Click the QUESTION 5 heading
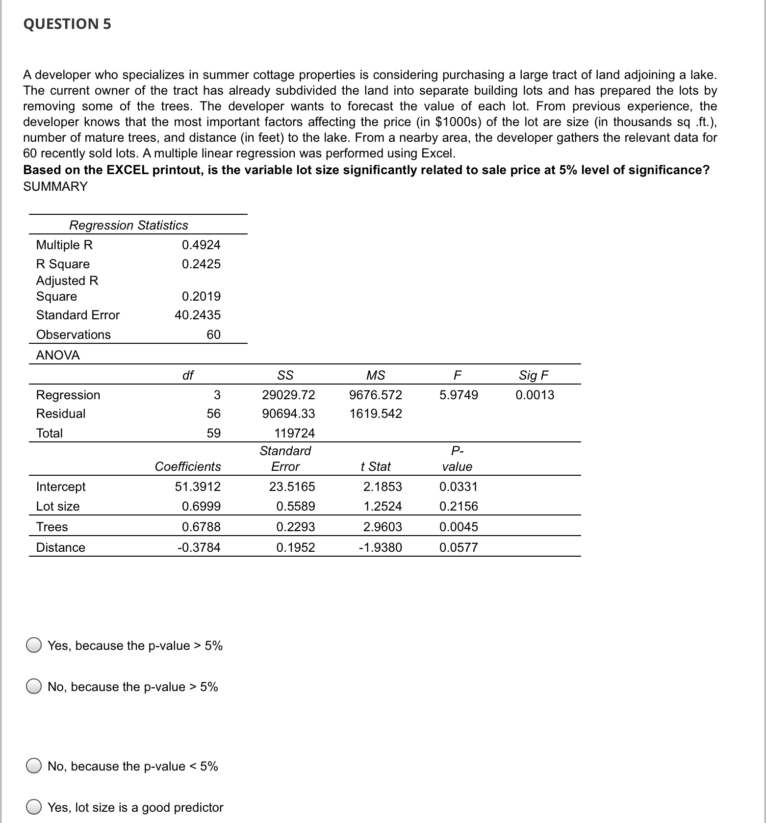point(67,24)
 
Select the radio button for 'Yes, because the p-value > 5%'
point(34,645)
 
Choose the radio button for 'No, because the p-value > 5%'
point(34,687)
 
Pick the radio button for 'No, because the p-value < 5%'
point(34,766)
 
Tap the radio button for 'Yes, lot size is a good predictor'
point(34,807)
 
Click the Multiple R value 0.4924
point(201,245)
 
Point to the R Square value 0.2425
point(201,264)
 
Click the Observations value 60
point(213,334)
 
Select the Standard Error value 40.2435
point(198,315)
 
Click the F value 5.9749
point(458,395)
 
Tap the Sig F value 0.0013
point(535,395)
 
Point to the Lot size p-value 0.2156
point(458,506)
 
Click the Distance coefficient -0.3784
point(199,547)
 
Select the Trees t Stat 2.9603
point(382,527)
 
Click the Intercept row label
point(61,487)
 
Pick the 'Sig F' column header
point(534,375)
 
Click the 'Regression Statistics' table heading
point(128,225)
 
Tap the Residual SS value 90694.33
point(288,413)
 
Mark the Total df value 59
point(213,433)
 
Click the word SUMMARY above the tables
point(55,186)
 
